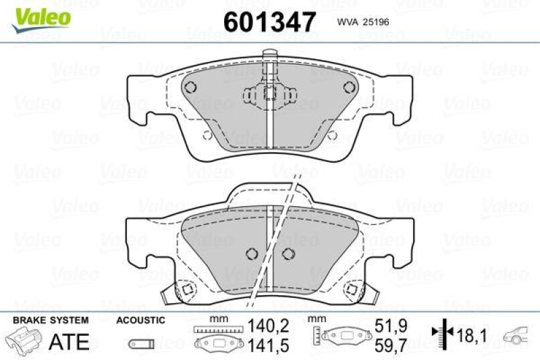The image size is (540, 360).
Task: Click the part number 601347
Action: (x=269, y=22)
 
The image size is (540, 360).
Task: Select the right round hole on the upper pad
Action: (x=348, y=86)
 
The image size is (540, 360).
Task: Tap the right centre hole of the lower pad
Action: (x=290, y=253)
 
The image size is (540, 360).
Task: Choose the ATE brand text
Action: (x=70, y=341)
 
